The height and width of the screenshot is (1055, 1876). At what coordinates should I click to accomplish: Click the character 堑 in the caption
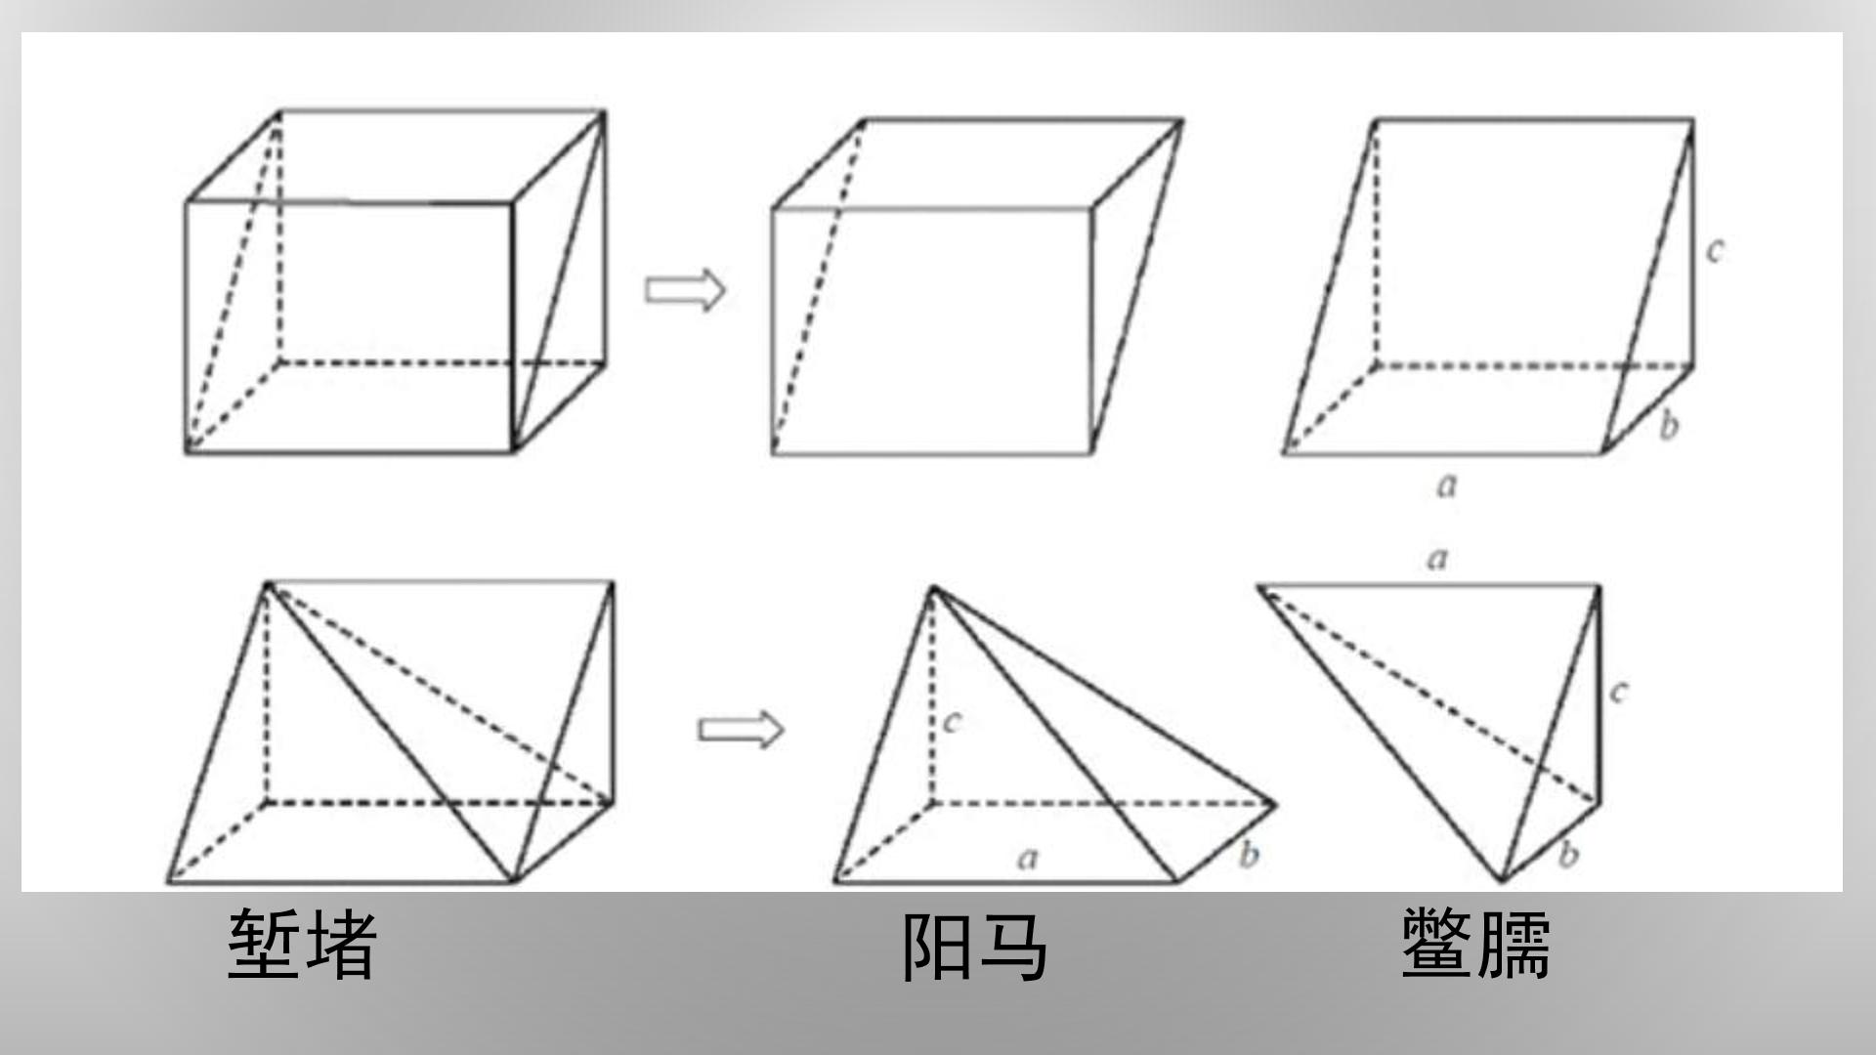264,944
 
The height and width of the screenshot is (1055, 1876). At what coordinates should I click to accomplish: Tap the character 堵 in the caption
340,944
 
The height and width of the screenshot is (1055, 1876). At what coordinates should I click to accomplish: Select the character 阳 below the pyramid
936,946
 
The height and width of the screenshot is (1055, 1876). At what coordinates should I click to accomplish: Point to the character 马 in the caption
1011,946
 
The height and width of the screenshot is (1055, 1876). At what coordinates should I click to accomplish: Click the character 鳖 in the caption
1437,943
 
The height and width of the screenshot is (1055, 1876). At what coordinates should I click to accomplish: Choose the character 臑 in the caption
1514,943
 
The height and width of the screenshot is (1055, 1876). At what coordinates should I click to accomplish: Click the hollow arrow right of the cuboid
685,290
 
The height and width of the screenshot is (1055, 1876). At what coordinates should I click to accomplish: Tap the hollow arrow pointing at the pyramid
741,730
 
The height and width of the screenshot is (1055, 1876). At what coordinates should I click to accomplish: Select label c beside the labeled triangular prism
1715,251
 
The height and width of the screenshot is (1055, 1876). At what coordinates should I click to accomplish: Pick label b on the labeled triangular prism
1669,425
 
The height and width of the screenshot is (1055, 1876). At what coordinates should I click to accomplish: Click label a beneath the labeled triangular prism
1447,485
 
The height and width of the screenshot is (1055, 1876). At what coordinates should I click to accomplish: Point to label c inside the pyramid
953,722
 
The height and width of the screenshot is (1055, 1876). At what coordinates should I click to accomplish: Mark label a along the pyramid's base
1027,859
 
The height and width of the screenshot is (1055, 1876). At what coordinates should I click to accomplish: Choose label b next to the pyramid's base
1249,855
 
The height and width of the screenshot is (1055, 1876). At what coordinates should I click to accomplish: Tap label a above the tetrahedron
1437,559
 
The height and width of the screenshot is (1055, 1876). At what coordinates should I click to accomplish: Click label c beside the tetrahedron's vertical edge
1619,693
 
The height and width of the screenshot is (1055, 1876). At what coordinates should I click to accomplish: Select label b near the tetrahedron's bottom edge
1568,855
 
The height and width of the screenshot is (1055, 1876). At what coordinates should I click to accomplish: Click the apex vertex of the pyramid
932,588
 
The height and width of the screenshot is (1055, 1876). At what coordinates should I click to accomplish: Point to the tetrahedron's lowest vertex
1503,881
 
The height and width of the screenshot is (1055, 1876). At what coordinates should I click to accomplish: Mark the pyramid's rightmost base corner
1275,804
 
